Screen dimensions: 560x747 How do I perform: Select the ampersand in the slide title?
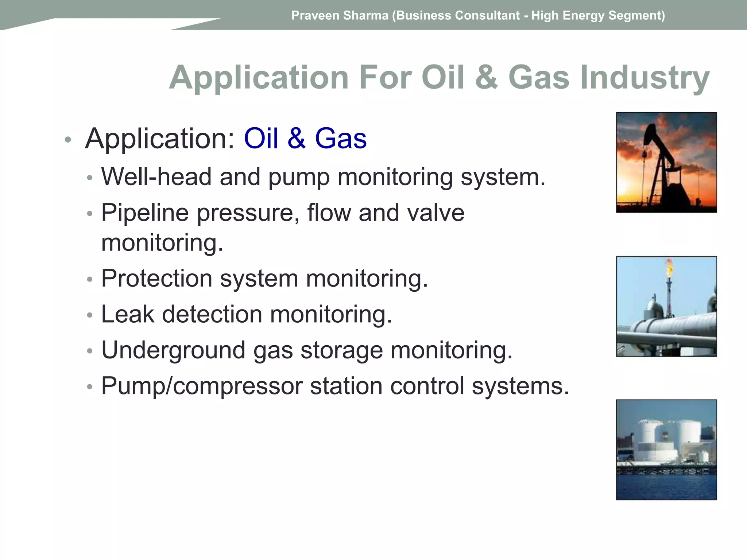[x=486, y=78]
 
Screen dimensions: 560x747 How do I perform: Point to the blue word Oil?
[x=261, y=139]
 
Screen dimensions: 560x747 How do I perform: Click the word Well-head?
[x=156, y=177]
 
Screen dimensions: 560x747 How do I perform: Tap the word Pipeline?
[x=145, y=213]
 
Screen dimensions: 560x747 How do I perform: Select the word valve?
[x=436, y=213]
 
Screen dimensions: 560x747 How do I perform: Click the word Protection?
[x=156, y=279]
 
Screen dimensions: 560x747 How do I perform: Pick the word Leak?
[x=127, y=314]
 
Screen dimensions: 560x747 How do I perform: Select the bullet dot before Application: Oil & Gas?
[x=67, y=140]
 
